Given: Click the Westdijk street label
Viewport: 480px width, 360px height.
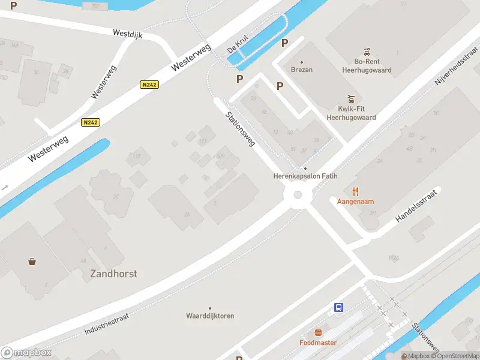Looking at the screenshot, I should pyautogui.click(x=127, y=35).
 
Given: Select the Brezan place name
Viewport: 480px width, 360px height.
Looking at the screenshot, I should pyautogui.click(x=301, y=70).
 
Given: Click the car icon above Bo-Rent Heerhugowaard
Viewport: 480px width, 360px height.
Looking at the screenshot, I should pyautogui.click(x=365, y=52).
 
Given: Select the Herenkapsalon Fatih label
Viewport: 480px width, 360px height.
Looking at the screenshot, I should pyautogui.click(x=305, y=176).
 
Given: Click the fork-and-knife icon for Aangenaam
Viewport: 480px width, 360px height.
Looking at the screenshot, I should pyautogui.click(x=356, y=191).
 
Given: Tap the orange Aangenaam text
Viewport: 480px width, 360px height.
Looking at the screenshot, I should pyautogui.click(x=356, y=202).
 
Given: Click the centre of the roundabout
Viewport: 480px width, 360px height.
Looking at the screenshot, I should pyautogui.click(x=297, y=195).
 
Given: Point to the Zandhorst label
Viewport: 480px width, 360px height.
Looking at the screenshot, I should pyautogui.click(x=113, y=274).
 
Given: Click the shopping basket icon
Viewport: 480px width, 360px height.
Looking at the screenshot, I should pyautogui.click(x=31, y=261).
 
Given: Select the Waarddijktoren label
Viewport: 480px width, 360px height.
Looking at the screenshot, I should pyautogui.click(x=210, y=316).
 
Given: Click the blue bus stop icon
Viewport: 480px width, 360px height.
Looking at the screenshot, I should pyautogui.click(x=339, y=308).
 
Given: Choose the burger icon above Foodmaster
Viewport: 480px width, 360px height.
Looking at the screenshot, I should pyautogui.click(x=318, y=332).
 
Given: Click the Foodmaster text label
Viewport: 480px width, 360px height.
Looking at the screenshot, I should pyautogui.click(x=318, y=343).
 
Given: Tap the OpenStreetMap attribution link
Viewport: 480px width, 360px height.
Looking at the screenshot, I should pyautogui.click(x=453, y=356).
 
